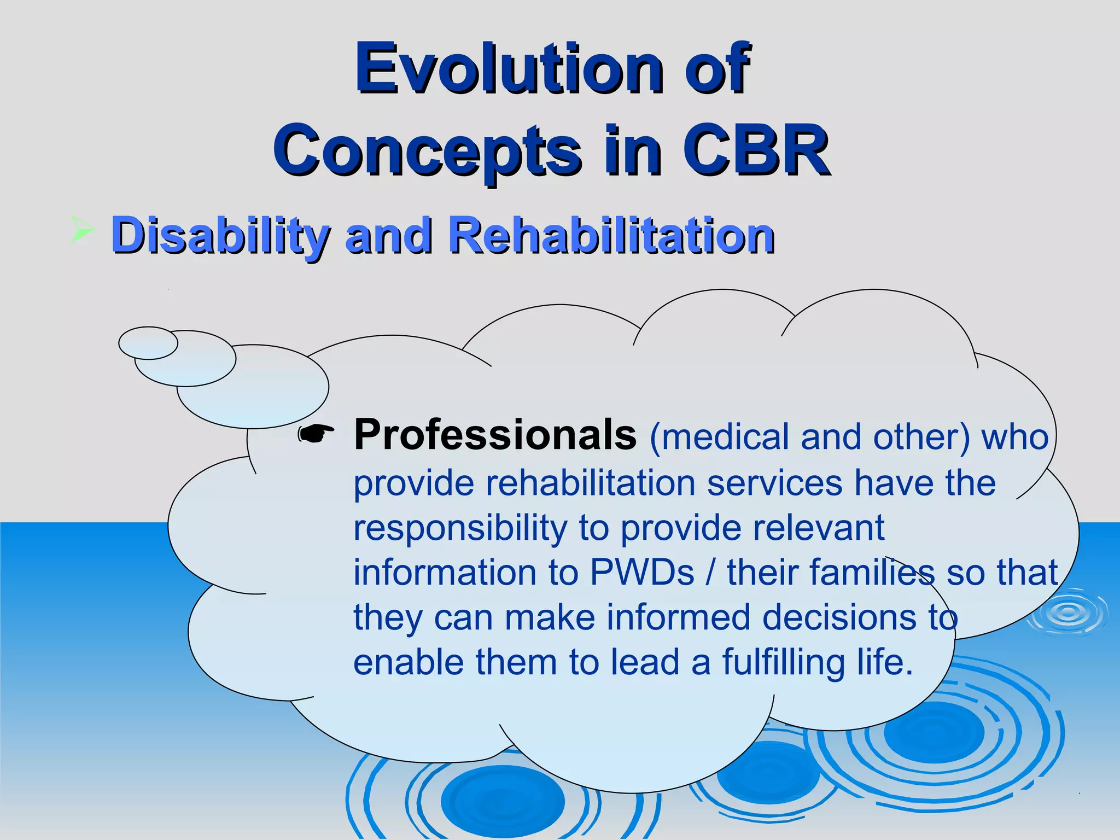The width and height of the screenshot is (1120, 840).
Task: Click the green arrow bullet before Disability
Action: (x=82, y=229)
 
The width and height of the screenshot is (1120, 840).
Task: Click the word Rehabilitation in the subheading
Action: (x=611, y=236)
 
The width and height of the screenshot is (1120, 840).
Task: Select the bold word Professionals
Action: (x=495, y=435)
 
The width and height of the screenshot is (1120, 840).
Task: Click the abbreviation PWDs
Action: (x=642, y=573)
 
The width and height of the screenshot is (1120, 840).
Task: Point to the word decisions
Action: (x=839, y=617)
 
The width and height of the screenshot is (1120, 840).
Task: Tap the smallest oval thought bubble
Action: (x=148, y=343)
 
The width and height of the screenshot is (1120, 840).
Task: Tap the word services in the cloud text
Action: (x=774, y=484)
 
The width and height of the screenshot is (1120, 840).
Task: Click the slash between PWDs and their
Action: (x=710, y=573)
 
